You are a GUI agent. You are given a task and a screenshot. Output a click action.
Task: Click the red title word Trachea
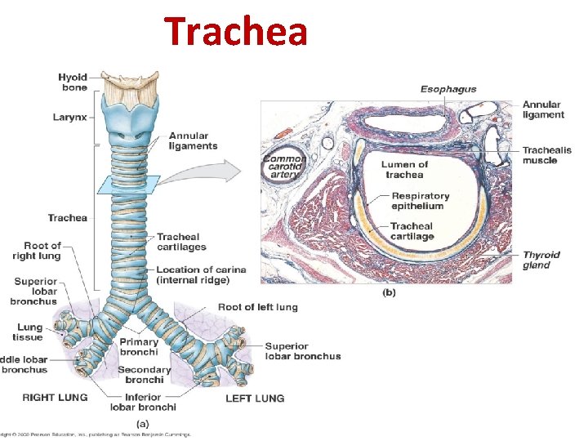236,31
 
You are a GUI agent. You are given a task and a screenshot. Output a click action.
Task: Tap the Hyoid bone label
73,82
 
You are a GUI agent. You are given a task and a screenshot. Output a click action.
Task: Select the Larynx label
69,118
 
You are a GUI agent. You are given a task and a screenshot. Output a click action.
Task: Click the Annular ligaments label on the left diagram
193,140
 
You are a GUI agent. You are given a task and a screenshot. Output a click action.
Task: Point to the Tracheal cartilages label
181,242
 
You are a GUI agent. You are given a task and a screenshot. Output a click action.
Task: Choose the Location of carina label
201,274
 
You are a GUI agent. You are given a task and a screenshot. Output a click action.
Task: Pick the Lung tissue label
29,332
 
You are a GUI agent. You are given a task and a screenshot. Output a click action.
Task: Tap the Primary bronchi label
139,347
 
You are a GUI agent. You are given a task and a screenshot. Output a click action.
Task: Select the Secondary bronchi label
145,374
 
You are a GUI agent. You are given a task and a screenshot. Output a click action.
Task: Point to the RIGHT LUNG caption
56,399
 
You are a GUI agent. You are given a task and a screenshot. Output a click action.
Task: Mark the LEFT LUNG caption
255,399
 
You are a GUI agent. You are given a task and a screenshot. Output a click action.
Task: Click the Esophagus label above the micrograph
448,89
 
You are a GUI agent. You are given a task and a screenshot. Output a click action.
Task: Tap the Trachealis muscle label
540,155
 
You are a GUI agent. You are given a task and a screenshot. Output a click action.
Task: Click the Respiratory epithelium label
421,201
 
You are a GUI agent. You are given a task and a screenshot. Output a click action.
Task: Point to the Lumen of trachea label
403,170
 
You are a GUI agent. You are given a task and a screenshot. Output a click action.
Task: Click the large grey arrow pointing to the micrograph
223,172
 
